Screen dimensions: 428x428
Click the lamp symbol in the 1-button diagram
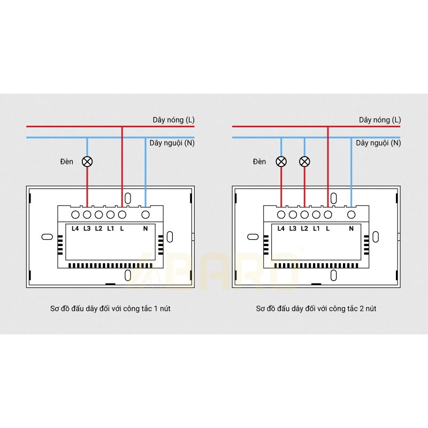(87, 161)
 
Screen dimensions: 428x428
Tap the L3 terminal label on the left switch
(87, 228)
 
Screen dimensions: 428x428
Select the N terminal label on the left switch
(145, 228)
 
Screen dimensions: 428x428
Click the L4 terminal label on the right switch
(281, 228)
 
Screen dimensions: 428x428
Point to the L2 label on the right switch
(304, 228)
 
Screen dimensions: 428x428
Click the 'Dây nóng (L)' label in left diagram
(173, 120)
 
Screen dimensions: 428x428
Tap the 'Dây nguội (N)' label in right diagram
(378, 143)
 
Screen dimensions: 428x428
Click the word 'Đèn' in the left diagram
(67, 161)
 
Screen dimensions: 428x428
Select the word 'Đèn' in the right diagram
(259, 161)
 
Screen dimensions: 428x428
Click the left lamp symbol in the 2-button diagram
(281, 161)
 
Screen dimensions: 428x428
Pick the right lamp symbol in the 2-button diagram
(304, 161)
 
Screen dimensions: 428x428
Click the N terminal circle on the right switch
(351, 215)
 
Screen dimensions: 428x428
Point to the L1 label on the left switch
(110, 228)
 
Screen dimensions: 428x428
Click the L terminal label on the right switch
(327, 228)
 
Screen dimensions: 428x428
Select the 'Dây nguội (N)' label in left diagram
(172, 143)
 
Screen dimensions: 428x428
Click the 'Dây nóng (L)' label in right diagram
(380, 120)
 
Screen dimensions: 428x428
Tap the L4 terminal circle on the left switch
(75, 215)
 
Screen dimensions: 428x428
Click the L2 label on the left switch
(98, 228)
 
